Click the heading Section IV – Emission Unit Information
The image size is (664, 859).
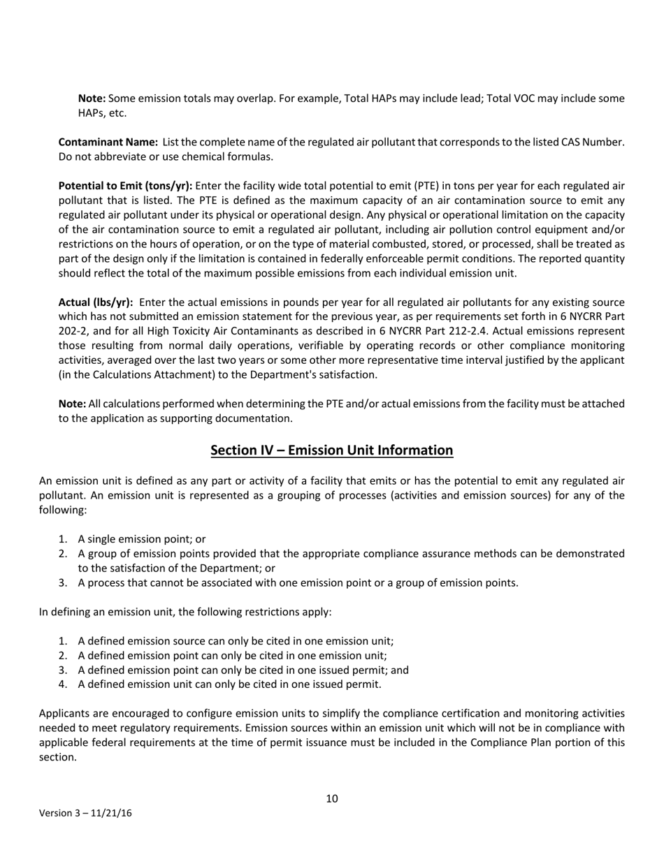[x=331, y=450]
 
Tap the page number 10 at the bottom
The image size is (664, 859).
[x=332, y=798]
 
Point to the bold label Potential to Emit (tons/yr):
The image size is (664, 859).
[x=125, y=186]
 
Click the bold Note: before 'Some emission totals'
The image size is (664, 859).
[x=92, y=98]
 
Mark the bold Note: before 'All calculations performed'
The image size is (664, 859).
[x=72, y=404]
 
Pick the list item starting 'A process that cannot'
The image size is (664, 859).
[x=298, y=583]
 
